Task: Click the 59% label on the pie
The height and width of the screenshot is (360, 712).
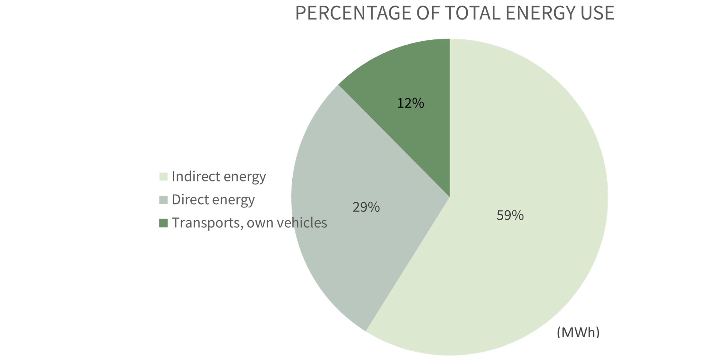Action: tap(510, 215)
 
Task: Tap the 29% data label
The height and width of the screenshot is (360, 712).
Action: tap(366, 207)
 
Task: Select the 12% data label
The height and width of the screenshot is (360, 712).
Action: tap(410, 103)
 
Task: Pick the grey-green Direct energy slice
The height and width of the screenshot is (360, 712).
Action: tap(337, 244)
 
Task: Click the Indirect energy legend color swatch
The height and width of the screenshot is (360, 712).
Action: tap(163, 177)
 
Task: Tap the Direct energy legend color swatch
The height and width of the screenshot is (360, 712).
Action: tap(163, 200)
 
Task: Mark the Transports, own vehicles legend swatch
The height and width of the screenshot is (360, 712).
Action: tap(163, 223)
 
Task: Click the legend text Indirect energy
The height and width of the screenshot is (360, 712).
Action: tap(219, 177)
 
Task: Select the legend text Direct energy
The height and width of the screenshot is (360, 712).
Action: tap(213, 200)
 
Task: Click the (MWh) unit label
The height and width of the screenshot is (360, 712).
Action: tap(578, 332)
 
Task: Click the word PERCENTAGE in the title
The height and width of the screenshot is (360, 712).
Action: tap(353, 13)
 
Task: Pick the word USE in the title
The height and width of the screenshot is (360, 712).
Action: tap(597, 13)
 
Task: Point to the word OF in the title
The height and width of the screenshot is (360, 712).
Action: tap(428, 13)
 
